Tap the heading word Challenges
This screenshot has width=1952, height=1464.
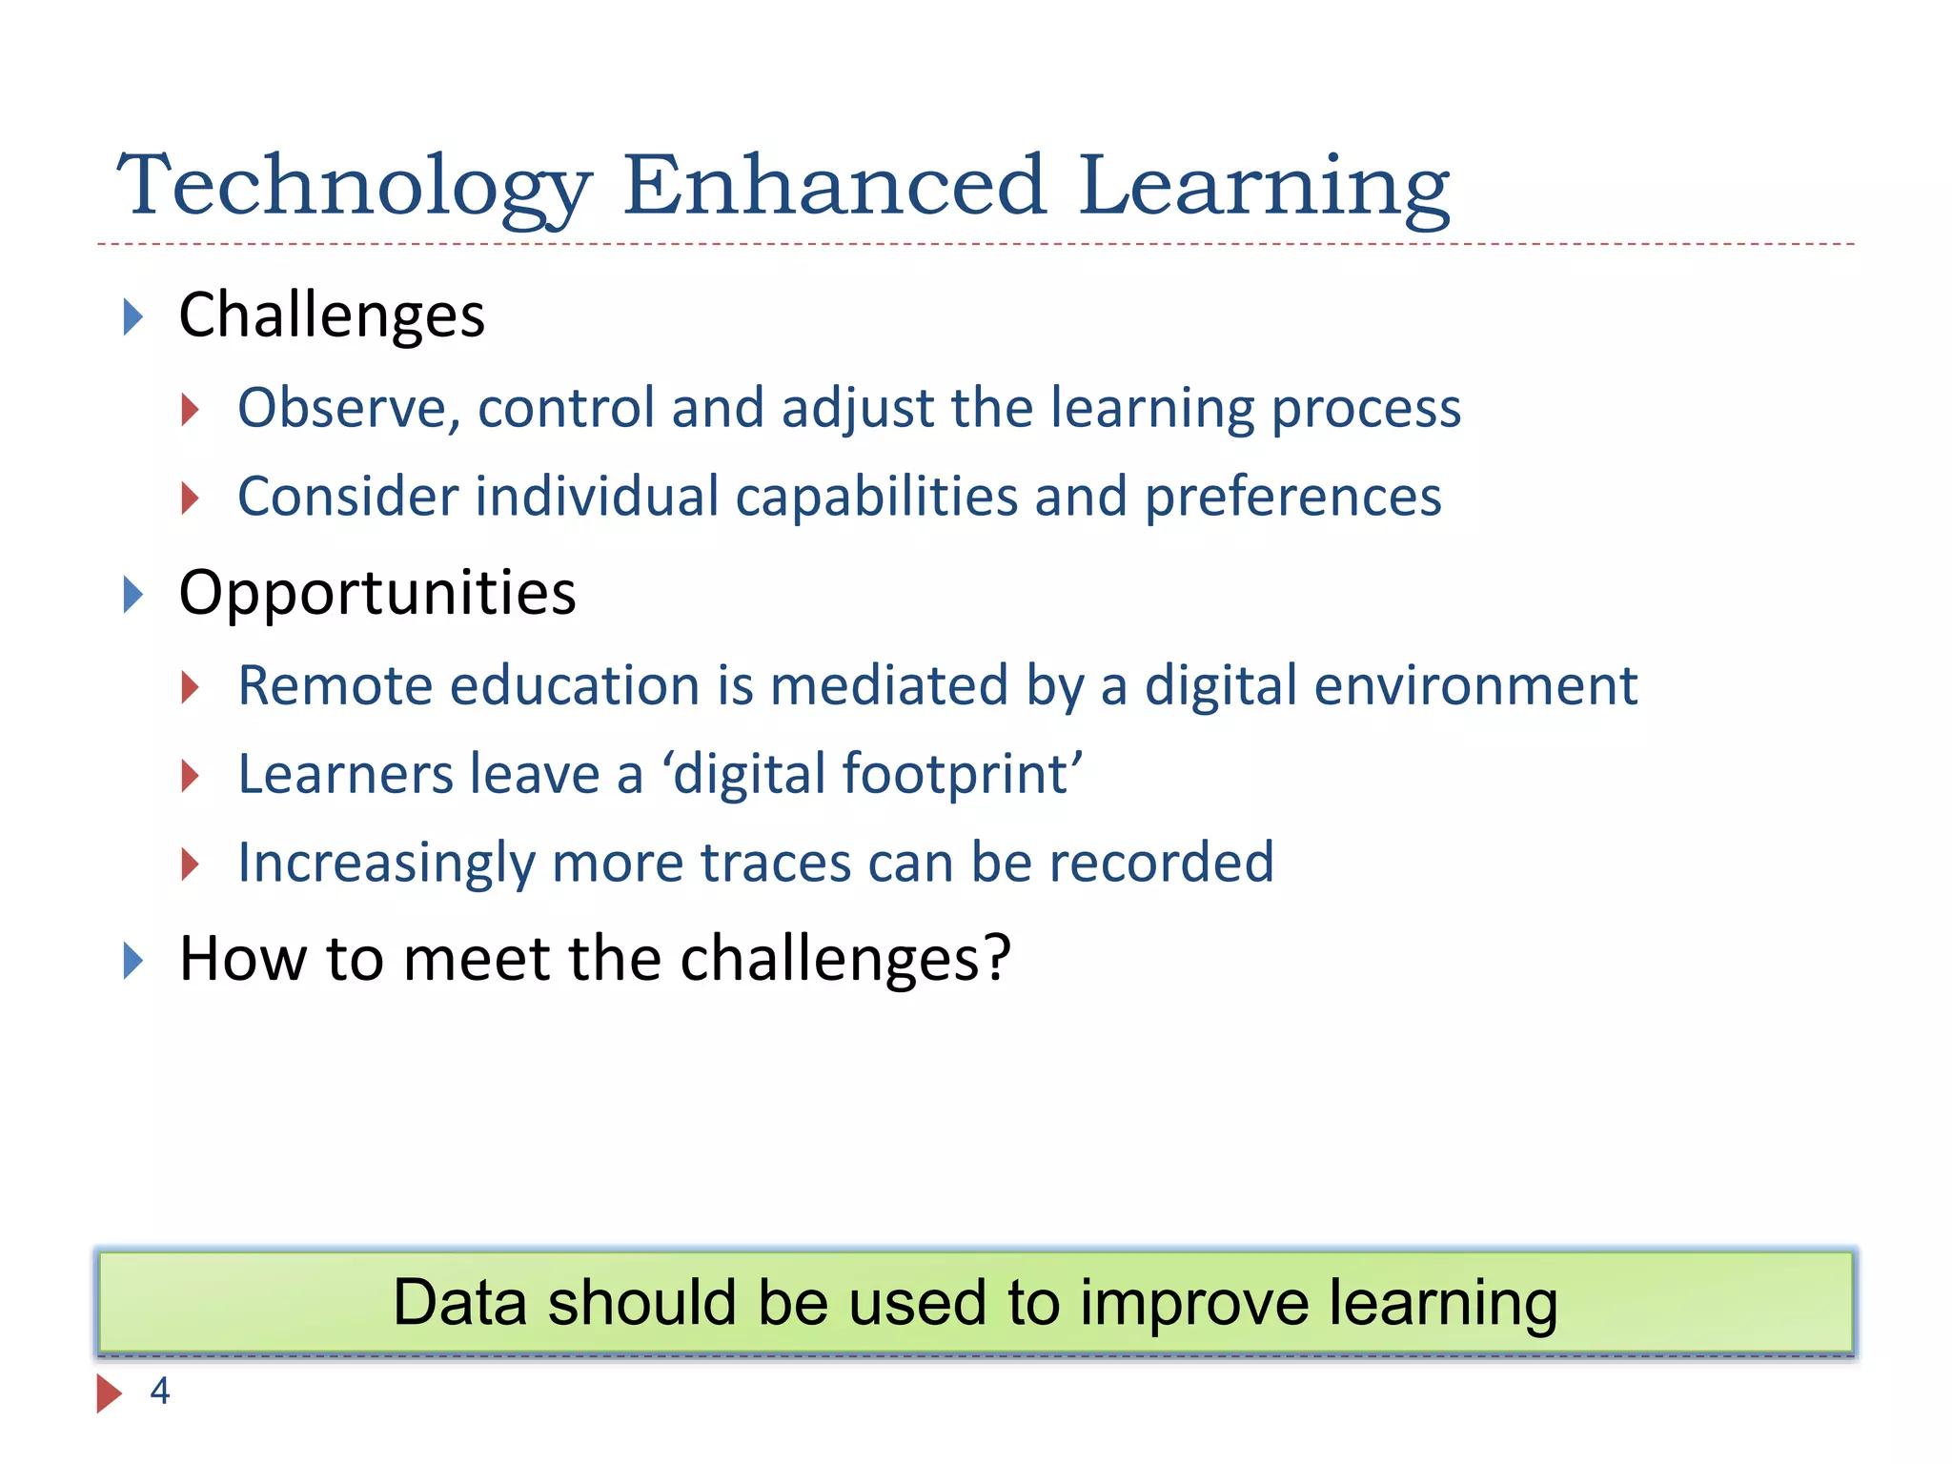tap(332, 315)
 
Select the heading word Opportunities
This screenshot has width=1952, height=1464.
tap(377, 594)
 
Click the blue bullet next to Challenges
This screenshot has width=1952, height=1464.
tap(133, 316)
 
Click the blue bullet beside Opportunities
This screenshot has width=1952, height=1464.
tap(133, 595)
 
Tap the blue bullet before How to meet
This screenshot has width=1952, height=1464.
tap(133, 960)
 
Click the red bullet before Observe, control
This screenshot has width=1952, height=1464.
tap(191, 410)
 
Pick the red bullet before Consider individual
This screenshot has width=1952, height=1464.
tap(191, 498)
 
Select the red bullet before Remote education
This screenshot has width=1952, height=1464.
tap(191, 687)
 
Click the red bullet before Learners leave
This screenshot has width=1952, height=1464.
tap(191, 776)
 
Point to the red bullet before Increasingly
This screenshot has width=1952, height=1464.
tap(191, 864)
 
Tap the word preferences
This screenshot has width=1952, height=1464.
tap(1292, 498)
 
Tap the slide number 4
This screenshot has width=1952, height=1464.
tap(160, 1392)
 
